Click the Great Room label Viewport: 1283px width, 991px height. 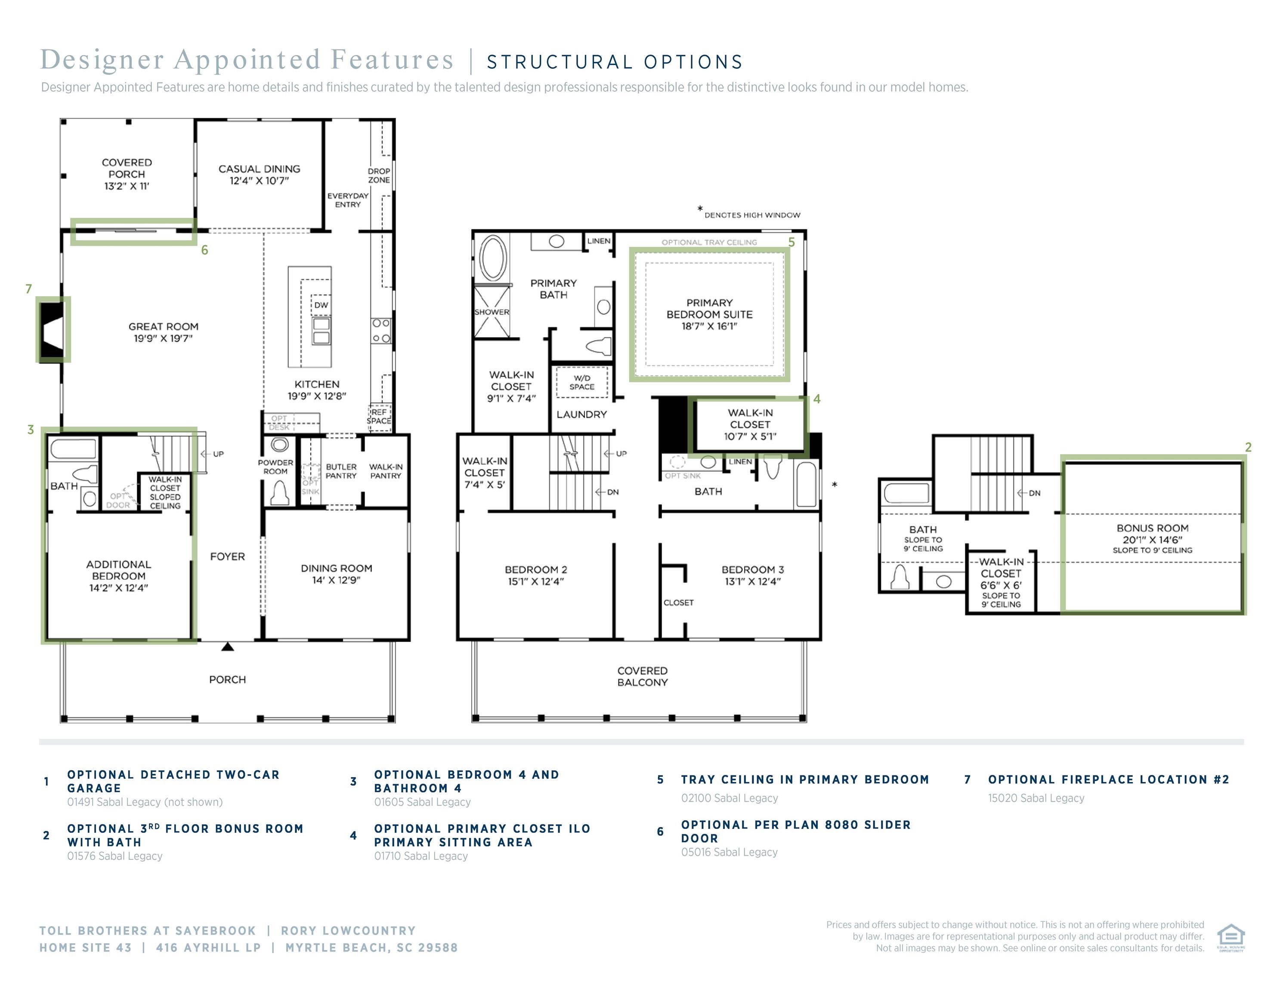[163, 326]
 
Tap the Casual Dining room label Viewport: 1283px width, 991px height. [259, 169]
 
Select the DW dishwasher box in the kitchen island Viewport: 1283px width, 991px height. [321, 305]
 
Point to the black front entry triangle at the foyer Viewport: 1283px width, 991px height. [227, 647]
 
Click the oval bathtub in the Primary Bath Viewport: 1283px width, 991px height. [493, 259]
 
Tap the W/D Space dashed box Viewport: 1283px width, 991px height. [581, 382]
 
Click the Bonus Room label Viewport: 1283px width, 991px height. [1152, 528]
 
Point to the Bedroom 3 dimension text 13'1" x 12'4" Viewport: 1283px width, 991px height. [752, 581]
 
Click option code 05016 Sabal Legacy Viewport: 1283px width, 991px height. [729, 852]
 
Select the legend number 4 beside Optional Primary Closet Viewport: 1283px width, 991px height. [353, 835]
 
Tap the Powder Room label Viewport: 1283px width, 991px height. [275, 467]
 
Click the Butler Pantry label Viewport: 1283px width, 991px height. [341, 471]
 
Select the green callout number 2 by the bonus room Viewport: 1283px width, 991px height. [1248, 447]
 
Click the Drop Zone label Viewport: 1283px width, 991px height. [379, 175]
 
